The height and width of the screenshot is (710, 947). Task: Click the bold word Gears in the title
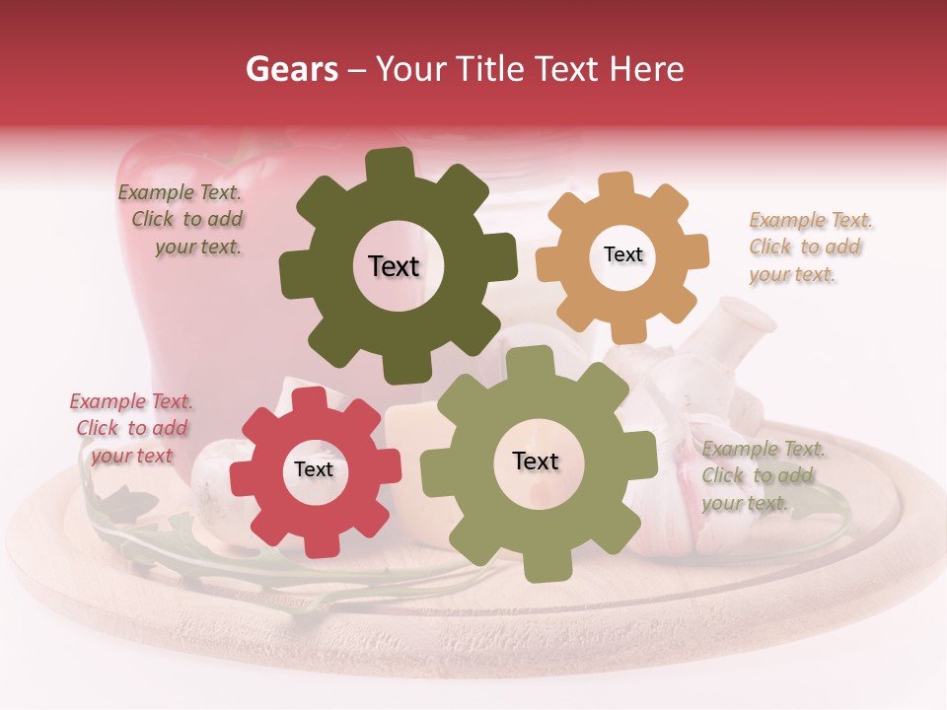(291, 69)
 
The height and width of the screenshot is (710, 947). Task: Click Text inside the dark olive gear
(394, 266)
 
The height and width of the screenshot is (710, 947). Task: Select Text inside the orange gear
(622, 254)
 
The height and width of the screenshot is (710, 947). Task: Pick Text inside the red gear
(314, 470)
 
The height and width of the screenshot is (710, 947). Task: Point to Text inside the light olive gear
(536, 461)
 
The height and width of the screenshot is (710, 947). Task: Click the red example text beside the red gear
(131, 429)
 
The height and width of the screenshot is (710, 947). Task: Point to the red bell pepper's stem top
(237, 138)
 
